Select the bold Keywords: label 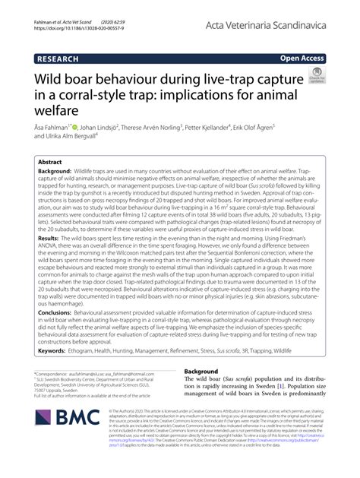(x=56, y=373)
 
